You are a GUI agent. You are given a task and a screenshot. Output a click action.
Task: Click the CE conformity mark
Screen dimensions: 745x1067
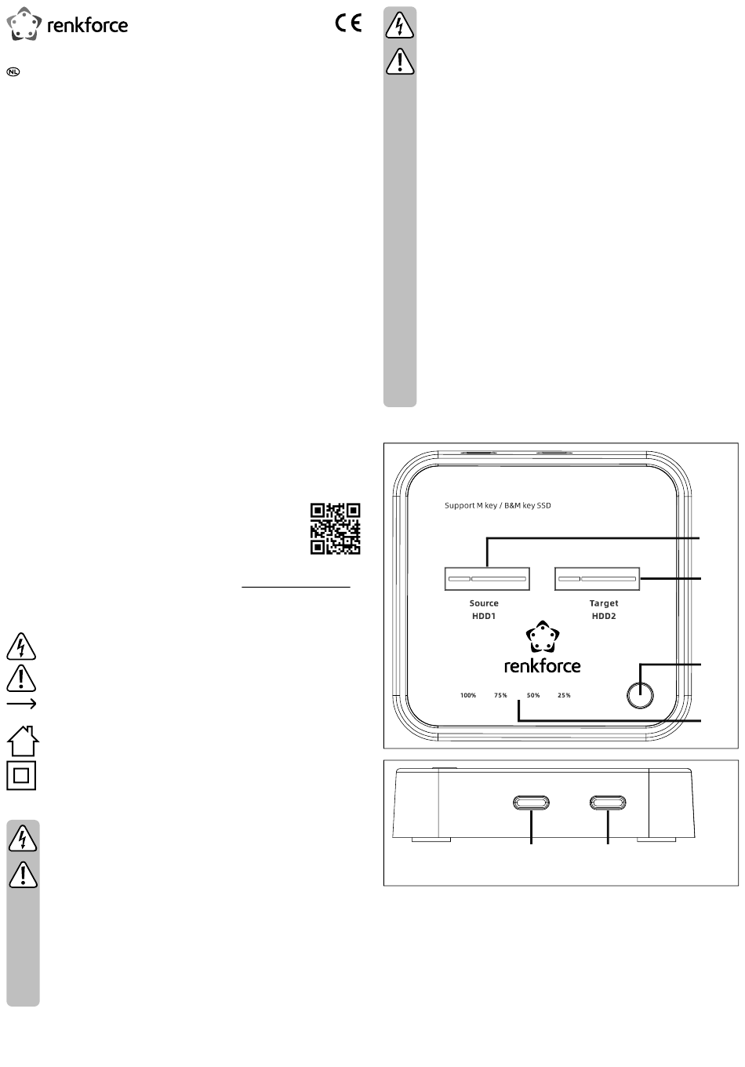[348, 23]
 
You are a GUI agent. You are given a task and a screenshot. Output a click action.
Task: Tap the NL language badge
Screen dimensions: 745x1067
[13, 72]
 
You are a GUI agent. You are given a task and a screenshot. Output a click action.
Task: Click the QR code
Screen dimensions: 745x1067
[335, 528]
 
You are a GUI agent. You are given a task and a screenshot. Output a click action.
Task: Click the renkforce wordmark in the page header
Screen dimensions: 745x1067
[88, 25]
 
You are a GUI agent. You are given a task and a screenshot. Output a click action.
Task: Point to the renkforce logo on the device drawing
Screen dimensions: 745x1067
[542, 647]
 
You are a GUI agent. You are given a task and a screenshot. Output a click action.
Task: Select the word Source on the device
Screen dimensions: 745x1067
[483, 603]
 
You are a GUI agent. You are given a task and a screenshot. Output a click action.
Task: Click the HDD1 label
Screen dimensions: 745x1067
[483, 616]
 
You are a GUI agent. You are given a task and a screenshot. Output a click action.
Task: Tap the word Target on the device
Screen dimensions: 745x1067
[603, 603]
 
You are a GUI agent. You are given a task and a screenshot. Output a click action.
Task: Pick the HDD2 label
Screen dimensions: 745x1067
[603, 616]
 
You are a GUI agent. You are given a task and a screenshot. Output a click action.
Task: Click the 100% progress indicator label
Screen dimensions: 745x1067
[467, 695]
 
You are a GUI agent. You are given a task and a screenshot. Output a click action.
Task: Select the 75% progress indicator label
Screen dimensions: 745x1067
[500, 695]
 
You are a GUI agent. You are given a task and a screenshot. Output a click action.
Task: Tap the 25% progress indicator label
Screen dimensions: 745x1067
[564, 695]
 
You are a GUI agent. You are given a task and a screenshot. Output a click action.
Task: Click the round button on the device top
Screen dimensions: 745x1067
[639, 695]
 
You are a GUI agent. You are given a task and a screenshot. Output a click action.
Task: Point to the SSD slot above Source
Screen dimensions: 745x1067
[486, 579]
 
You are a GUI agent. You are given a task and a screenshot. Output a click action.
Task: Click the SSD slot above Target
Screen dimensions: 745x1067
[597, 579]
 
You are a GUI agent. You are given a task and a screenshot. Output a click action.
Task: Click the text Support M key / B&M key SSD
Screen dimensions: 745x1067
[497, 505]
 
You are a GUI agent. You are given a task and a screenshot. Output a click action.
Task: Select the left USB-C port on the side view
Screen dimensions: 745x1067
[531, 803]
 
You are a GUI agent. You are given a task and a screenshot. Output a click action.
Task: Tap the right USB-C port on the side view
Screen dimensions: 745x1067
[608, 803]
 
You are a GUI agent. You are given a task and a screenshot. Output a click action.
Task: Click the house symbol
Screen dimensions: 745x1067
[23, 741]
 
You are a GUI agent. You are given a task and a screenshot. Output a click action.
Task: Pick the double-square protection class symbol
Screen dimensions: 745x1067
[21, 775]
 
